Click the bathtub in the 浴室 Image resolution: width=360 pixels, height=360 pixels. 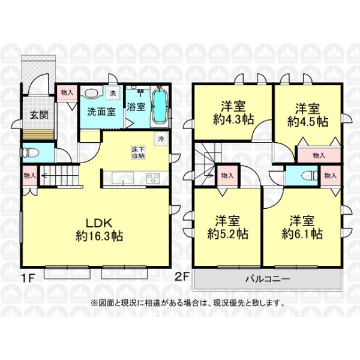[x=160, y=107]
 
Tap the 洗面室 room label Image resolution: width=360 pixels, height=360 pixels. [x=101, y=112]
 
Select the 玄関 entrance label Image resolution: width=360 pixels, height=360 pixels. [x=39, y=115]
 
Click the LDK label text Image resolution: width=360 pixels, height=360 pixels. [x=99, y=223]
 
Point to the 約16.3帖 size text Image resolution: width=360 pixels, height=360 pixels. [x=99, y=236]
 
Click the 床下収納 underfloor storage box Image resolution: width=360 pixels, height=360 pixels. [x=138, y=152]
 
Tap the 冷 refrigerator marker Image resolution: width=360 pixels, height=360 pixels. [x=161, y=139]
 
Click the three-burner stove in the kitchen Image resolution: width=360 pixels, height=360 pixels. [x=153, y=178]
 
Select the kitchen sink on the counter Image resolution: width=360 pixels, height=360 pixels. [x=122, y=178]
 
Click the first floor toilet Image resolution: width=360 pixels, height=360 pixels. [x=31, y=152]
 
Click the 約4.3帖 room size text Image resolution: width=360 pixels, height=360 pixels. [x=233, y=119]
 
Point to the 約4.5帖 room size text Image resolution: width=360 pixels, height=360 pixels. [x=308, y=121]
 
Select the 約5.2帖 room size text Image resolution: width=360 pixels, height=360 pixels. [x=228, y=234]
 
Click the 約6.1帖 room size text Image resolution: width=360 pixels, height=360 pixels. [x=302, y=234]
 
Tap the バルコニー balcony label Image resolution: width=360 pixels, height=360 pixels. [x=268, y=279]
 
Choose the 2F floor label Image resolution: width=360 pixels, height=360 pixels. [x=182, y=276]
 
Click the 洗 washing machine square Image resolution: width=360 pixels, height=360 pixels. [x=113, y=93]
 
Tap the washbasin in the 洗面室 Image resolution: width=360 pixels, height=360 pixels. [x=91, y=94]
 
